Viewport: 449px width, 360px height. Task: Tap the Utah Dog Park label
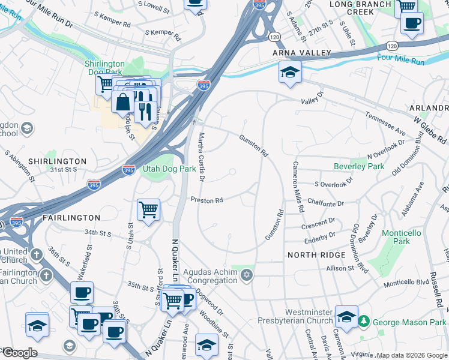point(169,169)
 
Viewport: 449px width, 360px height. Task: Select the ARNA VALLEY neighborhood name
point(302,53)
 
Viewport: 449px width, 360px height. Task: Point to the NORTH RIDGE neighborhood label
point(316,255)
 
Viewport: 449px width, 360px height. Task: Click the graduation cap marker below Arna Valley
point(290,73)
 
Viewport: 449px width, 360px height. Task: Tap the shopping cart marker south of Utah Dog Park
point(148,211)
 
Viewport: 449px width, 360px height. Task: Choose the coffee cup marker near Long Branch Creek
point(411,24)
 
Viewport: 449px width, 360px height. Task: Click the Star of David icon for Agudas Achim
point(245,275)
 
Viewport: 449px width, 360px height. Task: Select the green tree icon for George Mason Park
point(364,322)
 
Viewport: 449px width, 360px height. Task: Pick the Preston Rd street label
point(206,200)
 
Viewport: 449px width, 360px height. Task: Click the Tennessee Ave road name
point(385,121)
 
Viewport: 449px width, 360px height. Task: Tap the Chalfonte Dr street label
point(327,203)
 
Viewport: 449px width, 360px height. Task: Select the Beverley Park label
point(358,166)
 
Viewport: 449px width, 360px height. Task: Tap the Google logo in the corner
point(19,353)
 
